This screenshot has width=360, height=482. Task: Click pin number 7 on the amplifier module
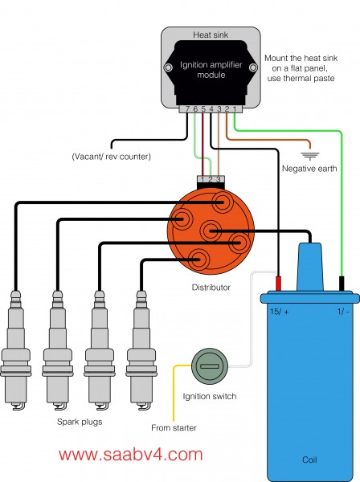[x=187, y=108]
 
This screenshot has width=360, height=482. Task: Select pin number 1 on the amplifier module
[x=235, y=108]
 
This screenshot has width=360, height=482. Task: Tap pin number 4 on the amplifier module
[x=211, y=108]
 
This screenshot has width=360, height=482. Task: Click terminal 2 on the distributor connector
[x=211, y=179]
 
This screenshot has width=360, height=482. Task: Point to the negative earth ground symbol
[x=310, y=156]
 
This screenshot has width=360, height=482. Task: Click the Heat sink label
[x=211, y=35]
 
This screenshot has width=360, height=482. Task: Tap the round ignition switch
[x=210, y=366]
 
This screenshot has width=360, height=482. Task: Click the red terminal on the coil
[x=278, y=284]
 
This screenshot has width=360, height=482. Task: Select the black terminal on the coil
[x=342, y=284]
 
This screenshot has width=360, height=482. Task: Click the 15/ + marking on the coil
[x=280, y=312]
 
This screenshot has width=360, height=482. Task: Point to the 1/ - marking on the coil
[x=343, y=312]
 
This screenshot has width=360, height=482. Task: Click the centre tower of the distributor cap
[x=211, y=231]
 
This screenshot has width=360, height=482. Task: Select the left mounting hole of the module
[x=168, y=67]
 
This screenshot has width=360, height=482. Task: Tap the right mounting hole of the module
[x=253, y=67]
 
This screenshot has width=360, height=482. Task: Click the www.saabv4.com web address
[x=131, y=455]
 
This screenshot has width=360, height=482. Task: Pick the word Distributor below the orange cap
[x=211, y=288]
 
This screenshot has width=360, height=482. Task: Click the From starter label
[x=174, y=427]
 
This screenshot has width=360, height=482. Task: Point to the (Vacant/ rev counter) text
[x=111, y=157]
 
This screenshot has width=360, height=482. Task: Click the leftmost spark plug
[x=16, y=350]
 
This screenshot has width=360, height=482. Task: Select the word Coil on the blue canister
[x=309, y=460]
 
